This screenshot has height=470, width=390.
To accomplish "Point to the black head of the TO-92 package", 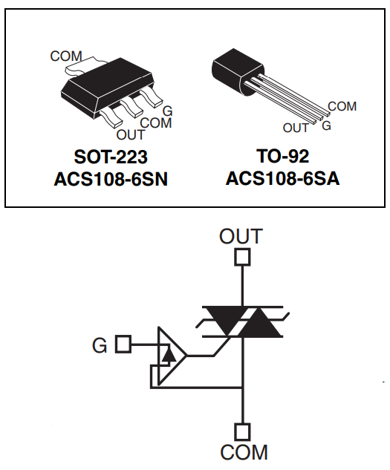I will (x=231, y=71).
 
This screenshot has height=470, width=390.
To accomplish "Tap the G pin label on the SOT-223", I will (x=167, y=111).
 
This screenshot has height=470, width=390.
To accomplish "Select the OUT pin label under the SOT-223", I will (x=131, y=135).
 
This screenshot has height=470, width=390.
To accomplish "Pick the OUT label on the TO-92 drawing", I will (x=296, y=128).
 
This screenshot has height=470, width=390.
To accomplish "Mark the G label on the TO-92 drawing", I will (x=326, y=125).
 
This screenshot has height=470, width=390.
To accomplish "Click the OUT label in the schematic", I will (x=241, y=237).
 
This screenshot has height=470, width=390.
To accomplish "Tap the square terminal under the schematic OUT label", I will (x=242, y=258).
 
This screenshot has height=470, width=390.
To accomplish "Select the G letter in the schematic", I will (x=99, y=345).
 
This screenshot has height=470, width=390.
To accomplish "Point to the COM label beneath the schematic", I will (x=242, y=451).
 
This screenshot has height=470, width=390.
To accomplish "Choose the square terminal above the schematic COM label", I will (x=242, y=431).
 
